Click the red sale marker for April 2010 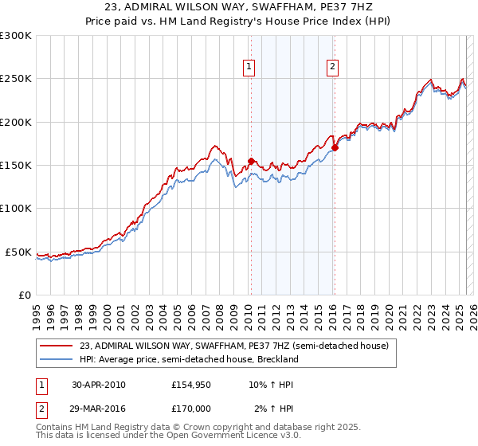pos(251,161)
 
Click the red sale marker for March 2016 pos(335,147)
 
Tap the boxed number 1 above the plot pos(250,68)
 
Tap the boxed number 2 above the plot pos(332,68)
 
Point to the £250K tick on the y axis pos(16,79)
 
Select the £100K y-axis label pos(16,209)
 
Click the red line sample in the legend pos(56,346)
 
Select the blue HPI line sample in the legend pos(56,359)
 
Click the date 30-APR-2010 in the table pos(99,385)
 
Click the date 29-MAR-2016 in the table pos(99,409)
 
